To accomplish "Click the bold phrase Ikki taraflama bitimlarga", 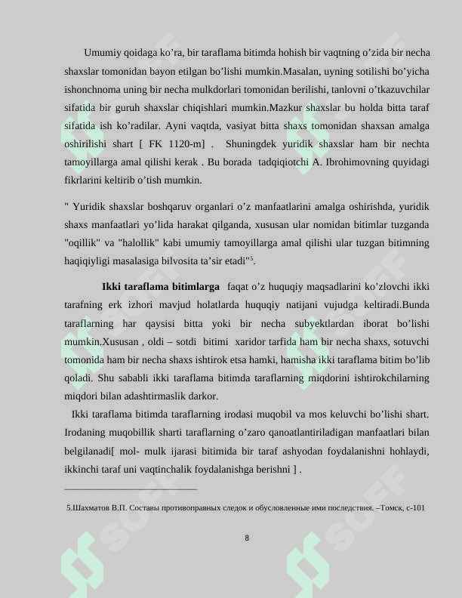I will tap(161, 288).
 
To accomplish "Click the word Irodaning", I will tap(87, 433).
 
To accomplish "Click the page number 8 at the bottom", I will tap(247, 538).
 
